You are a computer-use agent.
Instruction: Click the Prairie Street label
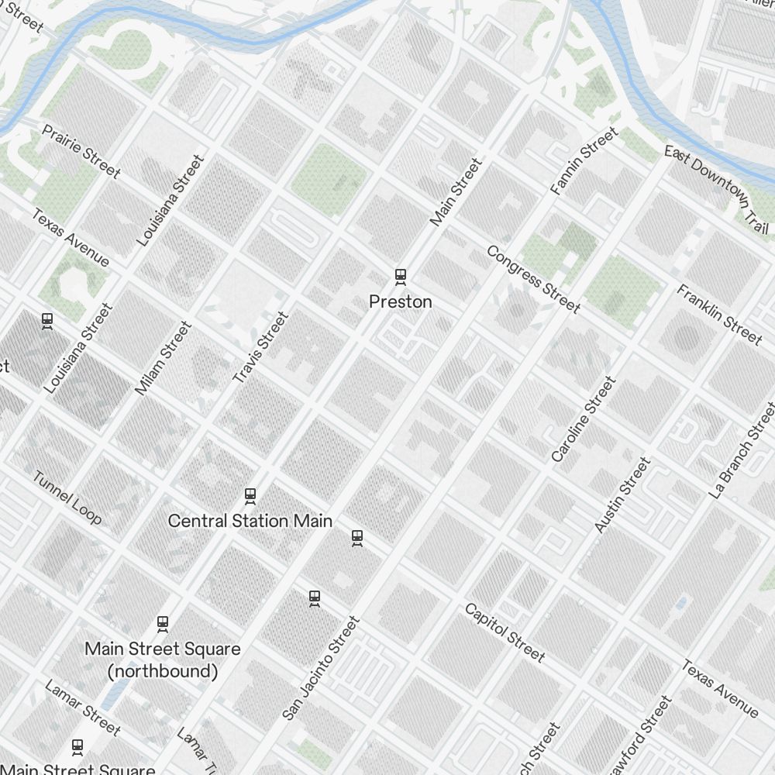pos(81,150)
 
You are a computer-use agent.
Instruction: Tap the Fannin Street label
pos(584,161)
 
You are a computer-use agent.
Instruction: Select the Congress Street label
pos(533,280)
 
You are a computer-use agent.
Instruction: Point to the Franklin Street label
pos(719,314)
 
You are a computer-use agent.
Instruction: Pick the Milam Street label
pos(163,358)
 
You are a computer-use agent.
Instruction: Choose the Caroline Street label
pos(583,419)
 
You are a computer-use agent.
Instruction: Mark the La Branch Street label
pos(742,449)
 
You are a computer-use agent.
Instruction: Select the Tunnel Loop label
pos(67,497)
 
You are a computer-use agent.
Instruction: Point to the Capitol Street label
pos(505,632)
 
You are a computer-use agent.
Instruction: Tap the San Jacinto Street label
pos(321,668)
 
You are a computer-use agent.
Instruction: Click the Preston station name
pos(401,301)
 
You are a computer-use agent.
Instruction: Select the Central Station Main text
pos(250,521)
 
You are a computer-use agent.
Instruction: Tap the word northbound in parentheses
pos(163,671)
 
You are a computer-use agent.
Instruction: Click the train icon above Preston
pos(401,276)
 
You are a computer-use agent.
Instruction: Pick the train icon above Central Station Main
pos(250,495)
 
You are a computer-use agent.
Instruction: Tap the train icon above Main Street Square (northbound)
pos(163,623)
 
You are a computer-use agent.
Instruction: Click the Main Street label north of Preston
pos(456,192)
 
